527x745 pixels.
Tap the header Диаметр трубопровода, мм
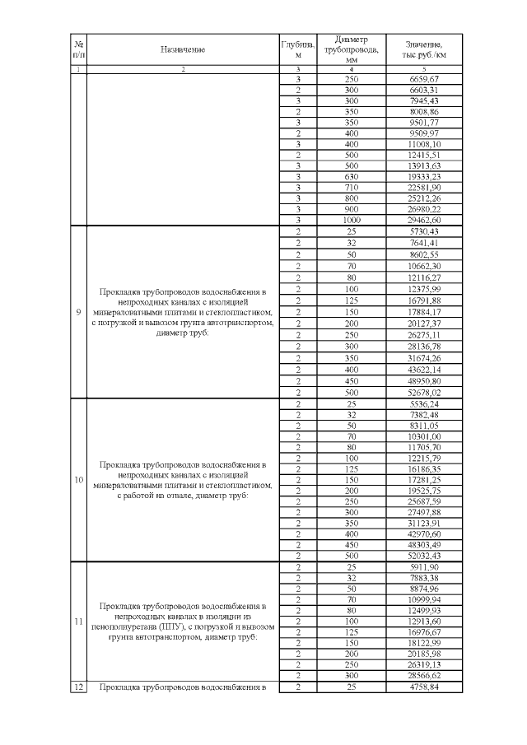coord(352,49)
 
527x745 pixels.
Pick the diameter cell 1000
coord(352,221)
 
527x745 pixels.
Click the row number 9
coord(78,312)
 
